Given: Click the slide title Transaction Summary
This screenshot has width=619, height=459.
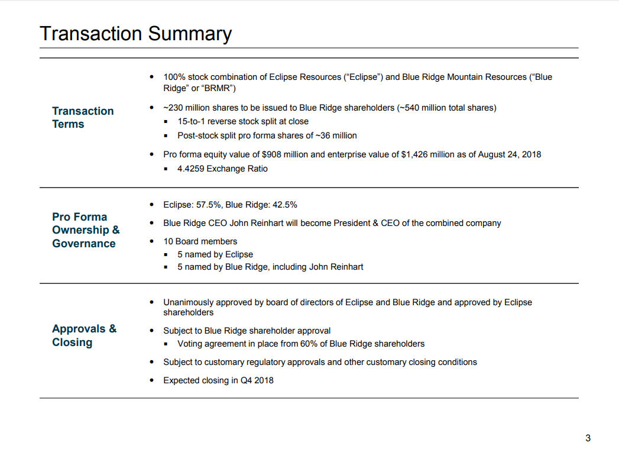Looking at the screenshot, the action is click(135, 34).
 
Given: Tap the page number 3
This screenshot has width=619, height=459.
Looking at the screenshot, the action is click(588, 438).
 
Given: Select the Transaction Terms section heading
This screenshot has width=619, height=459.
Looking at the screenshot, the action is click(83, 117).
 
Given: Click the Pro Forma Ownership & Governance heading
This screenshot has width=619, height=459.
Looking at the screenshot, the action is click(86, 230).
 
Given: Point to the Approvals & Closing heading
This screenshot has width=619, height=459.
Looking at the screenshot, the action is click(84, 335).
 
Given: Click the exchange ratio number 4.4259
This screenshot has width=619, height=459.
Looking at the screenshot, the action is click(191, 169).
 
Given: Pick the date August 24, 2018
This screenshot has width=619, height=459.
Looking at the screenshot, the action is click(509, 154).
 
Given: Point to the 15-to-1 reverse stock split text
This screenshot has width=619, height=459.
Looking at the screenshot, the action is click(243, 122).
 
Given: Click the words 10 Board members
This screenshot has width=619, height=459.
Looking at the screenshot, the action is click(200, 241).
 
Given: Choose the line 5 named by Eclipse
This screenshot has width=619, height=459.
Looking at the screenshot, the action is click(215, 254).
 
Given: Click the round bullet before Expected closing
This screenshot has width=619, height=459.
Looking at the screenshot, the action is click(151, 380).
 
